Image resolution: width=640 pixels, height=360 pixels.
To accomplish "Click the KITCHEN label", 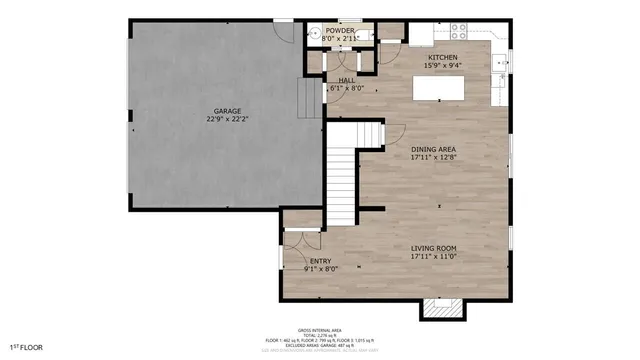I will click(x=443, y=58).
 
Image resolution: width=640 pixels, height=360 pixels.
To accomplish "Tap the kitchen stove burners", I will click(x=461, y=30).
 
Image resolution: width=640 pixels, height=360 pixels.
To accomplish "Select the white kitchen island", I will click(x=444, y=89).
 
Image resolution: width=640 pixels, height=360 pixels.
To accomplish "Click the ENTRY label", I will click(x=320, y=261).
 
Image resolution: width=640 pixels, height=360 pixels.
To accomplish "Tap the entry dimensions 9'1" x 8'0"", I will click(x=320, y=269).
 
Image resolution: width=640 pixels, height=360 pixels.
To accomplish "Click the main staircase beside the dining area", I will click(x=343, y=180).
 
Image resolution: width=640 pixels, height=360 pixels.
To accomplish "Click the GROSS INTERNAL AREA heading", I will click(x=319, y=330).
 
